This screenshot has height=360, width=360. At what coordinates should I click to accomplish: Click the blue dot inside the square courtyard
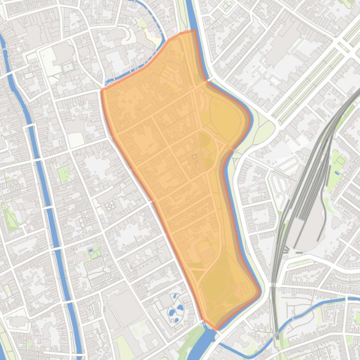point(68,67)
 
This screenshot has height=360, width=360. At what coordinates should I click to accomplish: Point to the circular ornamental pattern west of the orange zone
point(110,205)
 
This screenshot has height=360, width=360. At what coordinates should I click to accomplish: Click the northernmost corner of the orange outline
point(194,31)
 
